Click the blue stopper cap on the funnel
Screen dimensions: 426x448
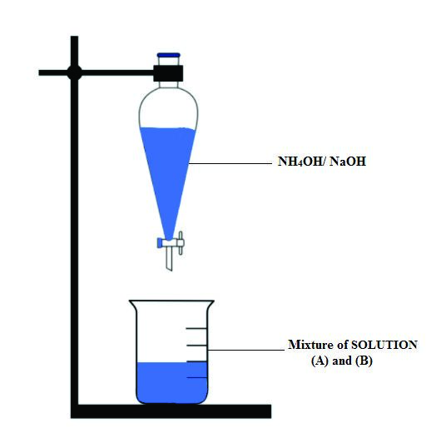click(168, 55)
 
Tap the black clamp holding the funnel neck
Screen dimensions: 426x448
click(168, 73)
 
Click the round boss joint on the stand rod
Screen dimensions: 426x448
click(75, 72)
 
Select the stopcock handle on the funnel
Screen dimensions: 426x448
click(181, 243)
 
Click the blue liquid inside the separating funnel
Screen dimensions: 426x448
click(168, 172)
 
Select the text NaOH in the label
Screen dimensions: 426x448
click(348, 162)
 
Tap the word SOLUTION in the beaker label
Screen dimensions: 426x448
click(384, 345)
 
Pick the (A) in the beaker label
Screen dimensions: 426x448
click(319, 361)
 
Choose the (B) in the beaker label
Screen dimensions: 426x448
click(364, 361)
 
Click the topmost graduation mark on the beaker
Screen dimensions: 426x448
click(196, 329)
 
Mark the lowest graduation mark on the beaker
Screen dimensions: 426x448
click(196, 378)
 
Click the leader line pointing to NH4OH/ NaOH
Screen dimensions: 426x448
click(230, 164)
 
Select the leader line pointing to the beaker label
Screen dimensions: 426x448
click(246, 350)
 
